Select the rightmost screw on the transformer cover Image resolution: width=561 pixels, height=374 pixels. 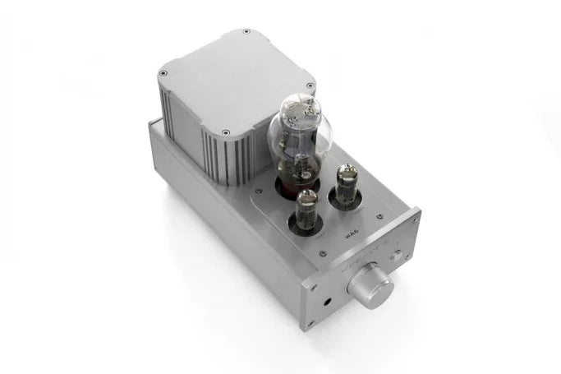(310, 85)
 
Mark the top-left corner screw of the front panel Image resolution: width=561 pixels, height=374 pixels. (305, 286)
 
